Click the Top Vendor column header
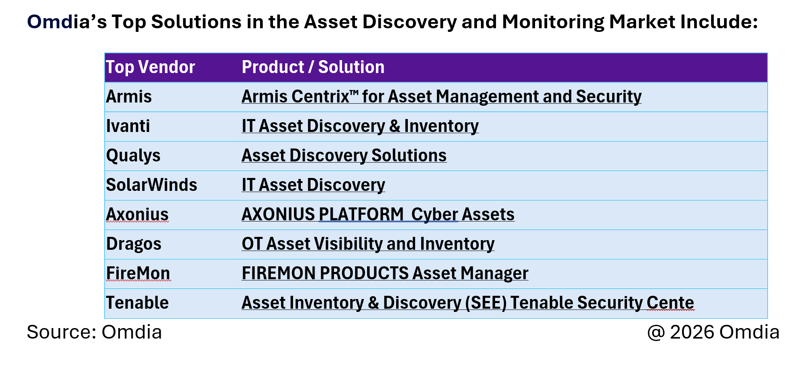(150, 67)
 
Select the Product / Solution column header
(313, 67)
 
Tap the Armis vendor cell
(129, 97)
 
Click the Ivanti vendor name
(128, 126)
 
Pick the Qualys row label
(133, 156)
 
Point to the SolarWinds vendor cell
(151, 185)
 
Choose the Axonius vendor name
(137, 215)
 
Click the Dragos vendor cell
(134, 244)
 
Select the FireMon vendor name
(138, 274)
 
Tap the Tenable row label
(137, 303)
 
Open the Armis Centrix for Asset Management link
(441, 97)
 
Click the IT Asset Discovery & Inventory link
(360, 126)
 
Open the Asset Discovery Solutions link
(344, 156)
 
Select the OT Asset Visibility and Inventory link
(368, 244)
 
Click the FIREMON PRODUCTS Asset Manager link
(385, 274)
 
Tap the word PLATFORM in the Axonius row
(361, 215)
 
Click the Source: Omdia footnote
(94, 333)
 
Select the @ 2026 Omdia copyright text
(713, 333)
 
